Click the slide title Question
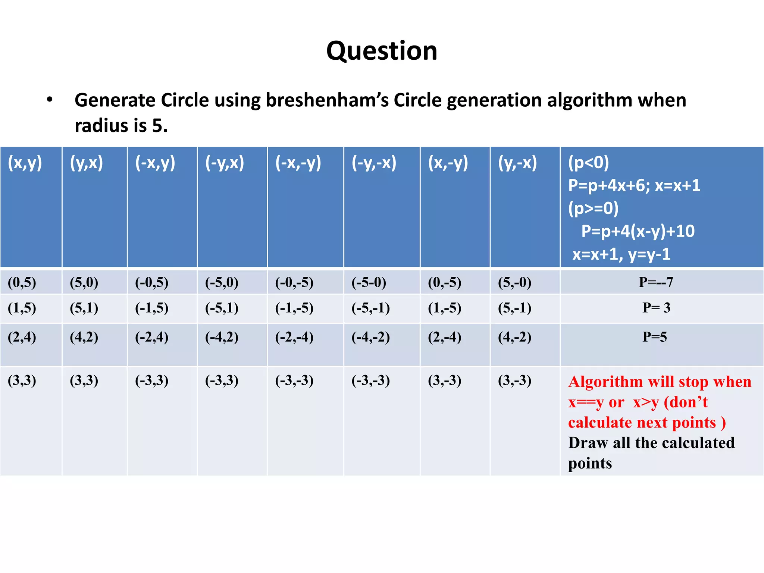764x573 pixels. tap(382, 51)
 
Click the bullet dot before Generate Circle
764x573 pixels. tap(50, 100)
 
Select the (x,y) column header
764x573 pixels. tap(25, 163)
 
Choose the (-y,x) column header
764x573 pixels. tap(225, 163)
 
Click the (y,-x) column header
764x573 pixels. tap(517, 163)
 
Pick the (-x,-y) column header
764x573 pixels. tap(298, 163)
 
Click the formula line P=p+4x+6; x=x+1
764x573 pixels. tap(634, 185)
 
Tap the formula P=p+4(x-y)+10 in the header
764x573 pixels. tap(638, 231)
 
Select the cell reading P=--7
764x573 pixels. tap(656, 282)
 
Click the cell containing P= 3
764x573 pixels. tap(656, 308)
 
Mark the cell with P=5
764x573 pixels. tap(655, 337)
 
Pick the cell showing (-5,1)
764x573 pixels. tap(222, 308)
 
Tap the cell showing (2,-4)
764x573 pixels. tap(444, 337)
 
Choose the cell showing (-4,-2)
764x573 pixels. tap(370, 337)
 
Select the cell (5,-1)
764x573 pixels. tap(514, 308)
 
